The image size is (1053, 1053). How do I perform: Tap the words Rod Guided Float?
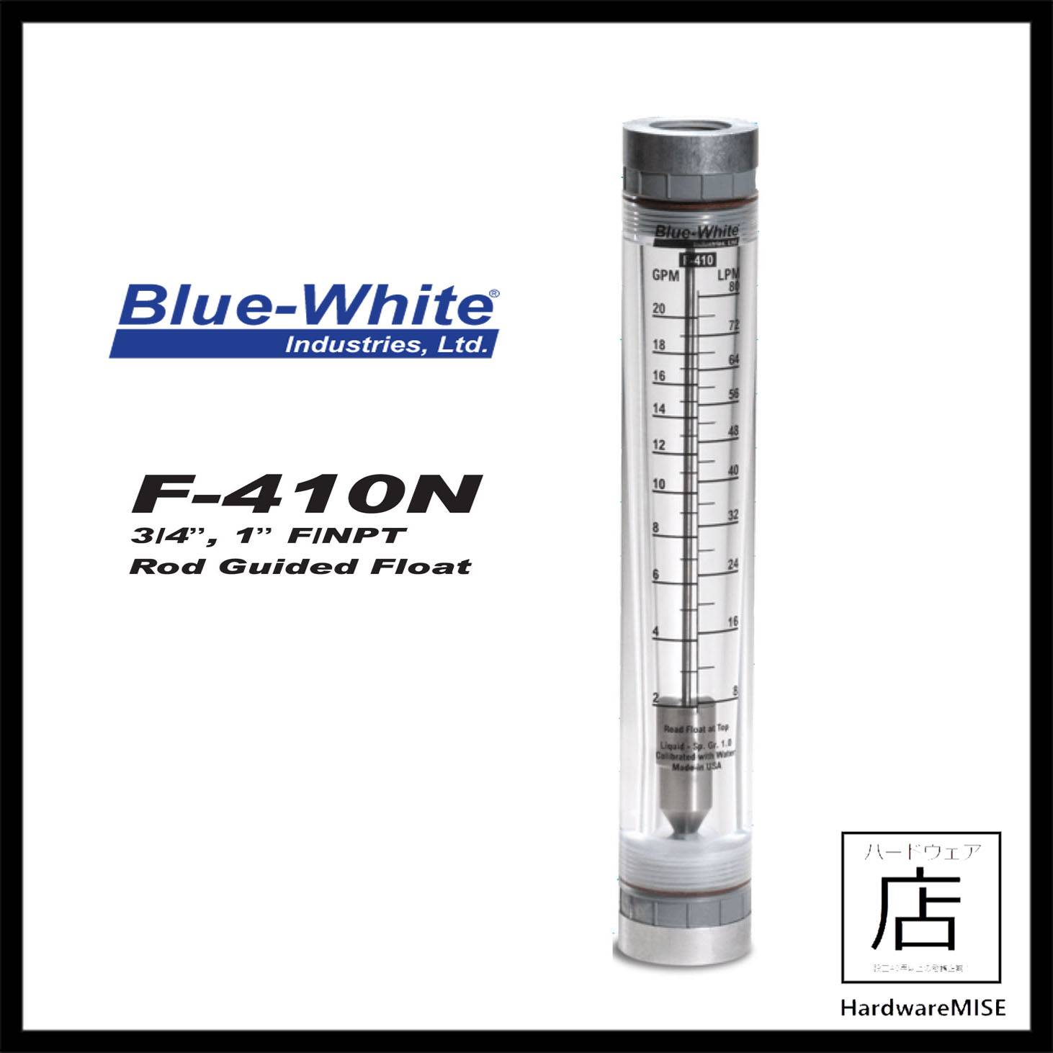point(300,566)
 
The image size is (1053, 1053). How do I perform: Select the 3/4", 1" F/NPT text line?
point(269,537)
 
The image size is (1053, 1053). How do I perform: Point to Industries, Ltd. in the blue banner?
point(385,345)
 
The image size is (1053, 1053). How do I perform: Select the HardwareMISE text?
point(923,1006)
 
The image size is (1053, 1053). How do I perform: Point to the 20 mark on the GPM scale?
point(658,309)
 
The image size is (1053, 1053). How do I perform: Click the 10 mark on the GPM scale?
point(658,484)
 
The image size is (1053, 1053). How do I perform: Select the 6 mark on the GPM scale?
point(655,574)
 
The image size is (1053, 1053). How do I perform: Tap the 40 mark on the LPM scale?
point(732,470)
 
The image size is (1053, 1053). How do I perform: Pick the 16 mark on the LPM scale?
point(732,622)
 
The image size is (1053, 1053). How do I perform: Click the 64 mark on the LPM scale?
point(733,359)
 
